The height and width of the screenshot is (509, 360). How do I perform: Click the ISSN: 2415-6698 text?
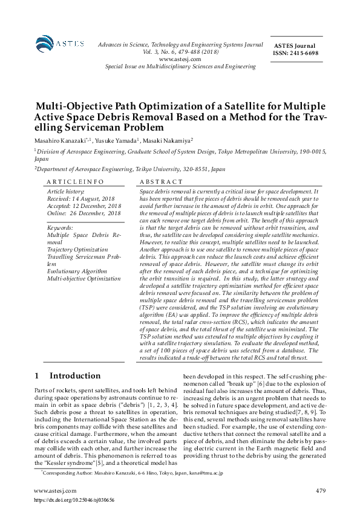[x=296, y=53]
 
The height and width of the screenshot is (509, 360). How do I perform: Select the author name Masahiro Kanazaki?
[x=62, y=140]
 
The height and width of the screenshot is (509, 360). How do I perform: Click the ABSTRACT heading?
[x=161, y=181]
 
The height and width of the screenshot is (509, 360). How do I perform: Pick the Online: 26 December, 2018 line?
[x=84, y=213]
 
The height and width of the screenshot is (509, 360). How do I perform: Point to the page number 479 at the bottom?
[x=321, y=490]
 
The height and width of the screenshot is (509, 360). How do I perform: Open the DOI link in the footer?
[x=74, y=499]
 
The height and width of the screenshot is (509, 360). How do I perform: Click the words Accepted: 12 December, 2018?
[x=84, y=206]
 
